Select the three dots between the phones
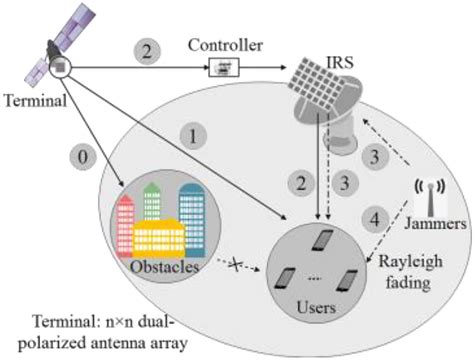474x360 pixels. [x=315, y=274]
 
